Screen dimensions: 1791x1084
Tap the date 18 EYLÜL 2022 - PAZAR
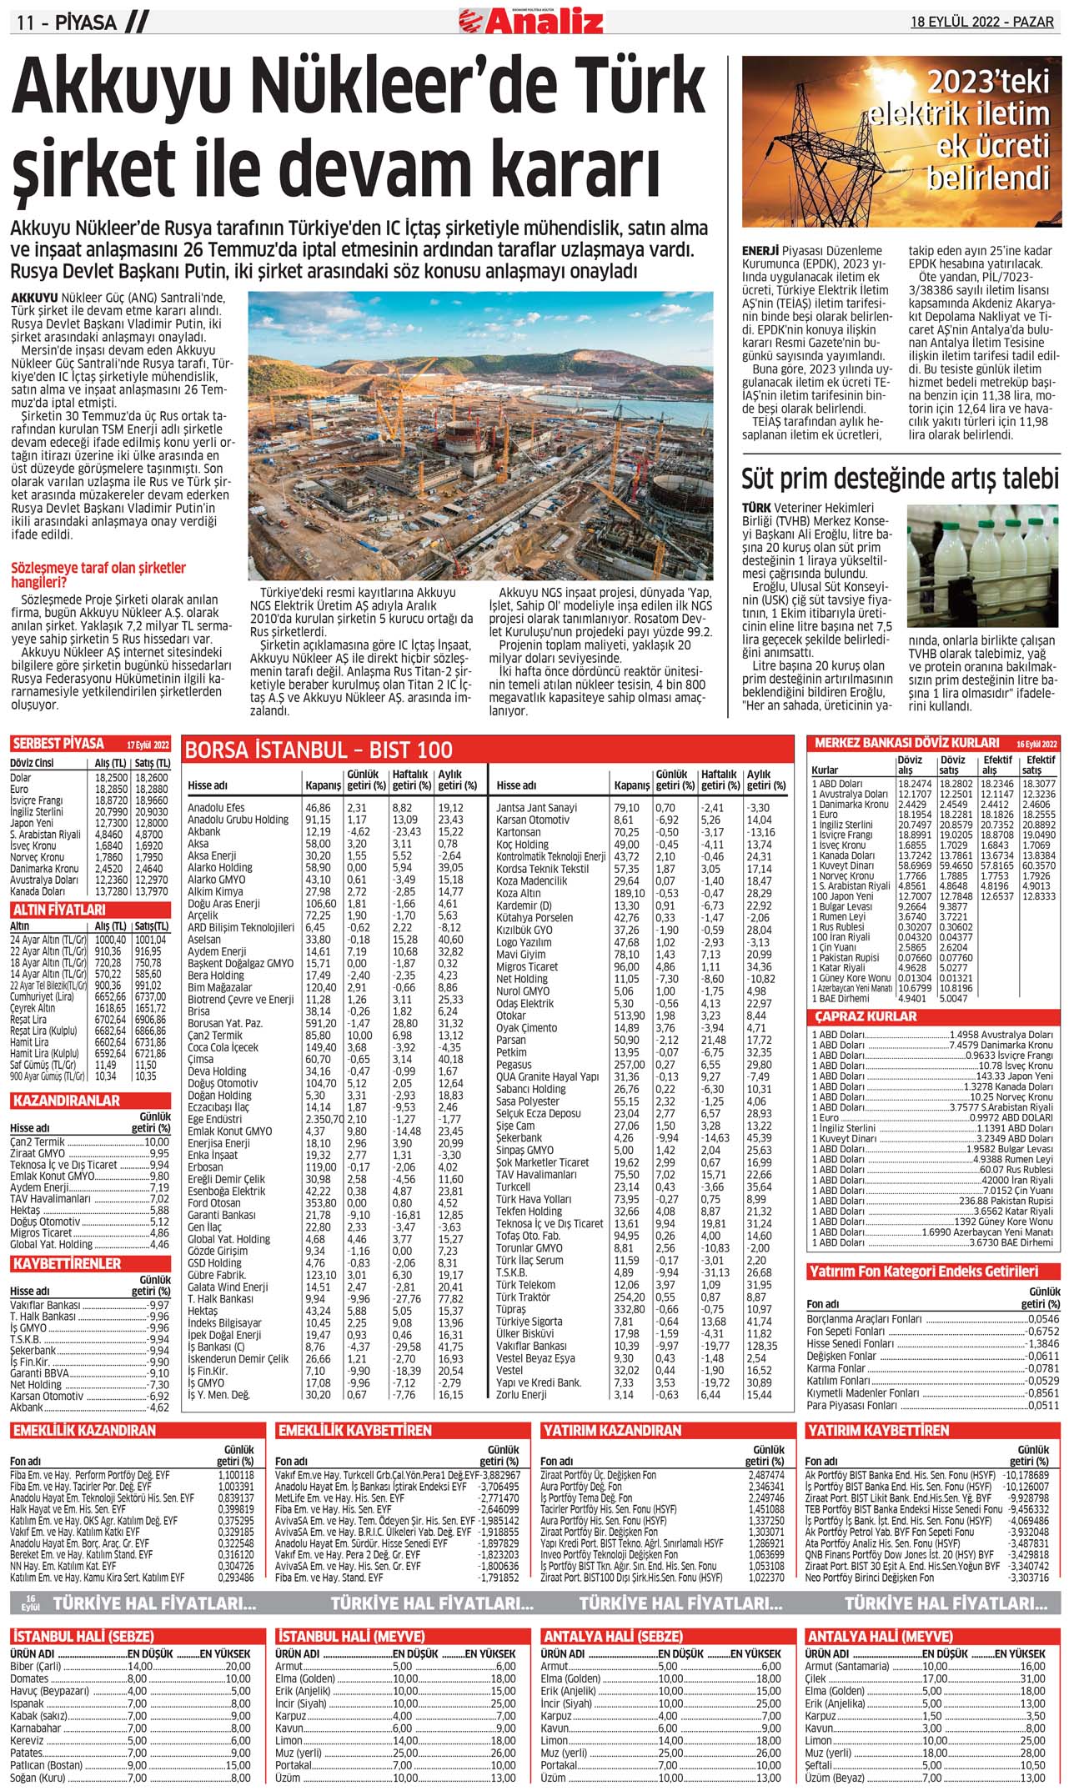(981, 22)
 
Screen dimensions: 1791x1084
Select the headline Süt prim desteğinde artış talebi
(901, 479)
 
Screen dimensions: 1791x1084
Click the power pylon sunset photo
(901, 142)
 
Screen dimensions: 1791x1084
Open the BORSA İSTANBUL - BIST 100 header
(319, 750)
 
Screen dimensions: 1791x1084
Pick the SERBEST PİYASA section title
(58, 744)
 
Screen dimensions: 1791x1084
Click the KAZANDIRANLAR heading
(67, 1101)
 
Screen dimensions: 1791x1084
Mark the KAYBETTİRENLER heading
(67, 1264)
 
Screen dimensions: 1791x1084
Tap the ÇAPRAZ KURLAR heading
(866, 1016)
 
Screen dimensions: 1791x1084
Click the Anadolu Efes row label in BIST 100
(216, 808)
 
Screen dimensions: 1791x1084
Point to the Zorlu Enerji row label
(521, 1394)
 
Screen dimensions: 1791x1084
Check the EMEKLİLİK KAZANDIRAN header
(84, 1430)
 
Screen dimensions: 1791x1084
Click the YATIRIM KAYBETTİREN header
(877, 1430)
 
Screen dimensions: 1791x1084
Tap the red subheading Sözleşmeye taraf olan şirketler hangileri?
(98, 574)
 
